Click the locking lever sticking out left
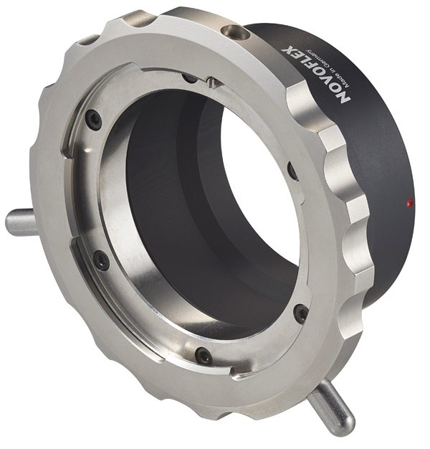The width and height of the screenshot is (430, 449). [21, 222]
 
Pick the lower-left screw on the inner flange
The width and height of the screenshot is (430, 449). [101, 259]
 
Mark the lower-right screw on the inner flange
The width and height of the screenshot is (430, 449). [301, 313]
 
